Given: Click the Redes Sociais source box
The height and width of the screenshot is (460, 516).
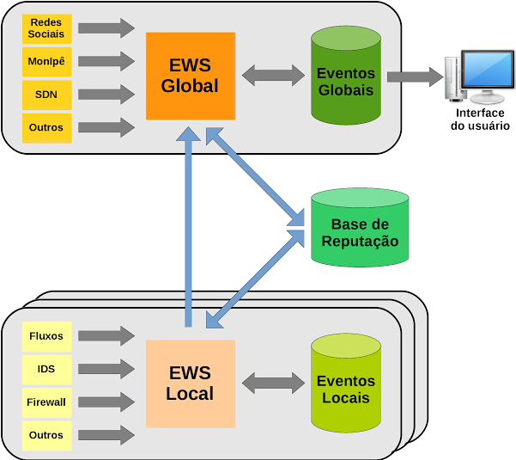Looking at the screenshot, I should (46, 28).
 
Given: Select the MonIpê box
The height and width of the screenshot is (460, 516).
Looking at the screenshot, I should (46, 61).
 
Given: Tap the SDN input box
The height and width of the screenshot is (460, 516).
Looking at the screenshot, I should (46, 95).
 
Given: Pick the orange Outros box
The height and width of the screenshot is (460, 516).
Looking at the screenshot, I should (46, 127).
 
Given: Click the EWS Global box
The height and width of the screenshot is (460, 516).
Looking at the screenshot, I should (190, 76).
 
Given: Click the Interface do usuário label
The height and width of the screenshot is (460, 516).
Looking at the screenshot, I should (480, 120).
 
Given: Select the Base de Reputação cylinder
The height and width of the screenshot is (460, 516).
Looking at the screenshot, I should (360, 227).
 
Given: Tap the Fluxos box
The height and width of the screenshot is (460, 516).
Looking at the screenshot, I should (46, 335).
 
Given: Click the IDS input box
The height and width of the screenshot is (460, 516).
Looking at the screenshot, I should (46, 369).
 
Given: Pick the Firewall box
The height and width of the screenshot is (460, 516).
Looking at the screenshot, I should (46, 402).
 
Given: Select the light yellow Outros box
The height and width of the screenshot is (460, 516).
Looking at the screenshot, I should (46, 435).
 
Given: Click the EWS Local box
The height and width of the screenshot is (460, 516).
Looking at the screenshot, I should (190, 383).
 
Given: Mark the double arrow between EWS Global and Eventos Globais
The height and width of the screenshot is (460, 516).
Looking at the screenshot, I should (273, 76).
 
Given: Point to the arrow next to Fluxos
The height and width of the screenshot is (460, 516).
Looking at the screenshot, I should (106, 335).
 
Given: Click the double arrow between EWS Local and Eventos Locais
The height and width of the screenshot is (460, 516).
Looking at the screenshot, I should (273, 383).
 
